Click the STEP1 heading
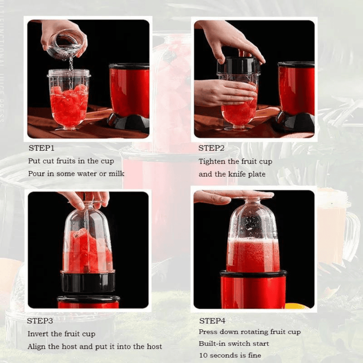coord(41,148)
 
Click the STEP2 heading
coord(211,148)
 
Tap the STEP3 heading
coord(40,321)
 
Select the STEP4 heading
coord(212,321)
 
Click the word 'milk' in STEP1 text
coord(115,174)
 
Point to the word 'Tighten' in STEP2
coord(212,161)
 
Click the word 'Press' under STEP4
coord(208,332)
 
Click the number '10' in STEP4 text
coord(203,355)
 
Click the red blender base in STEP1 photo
coord(129,91)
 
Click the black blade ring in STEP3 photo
coord(88,281)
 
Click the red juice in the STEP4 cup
coord(253,255)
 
